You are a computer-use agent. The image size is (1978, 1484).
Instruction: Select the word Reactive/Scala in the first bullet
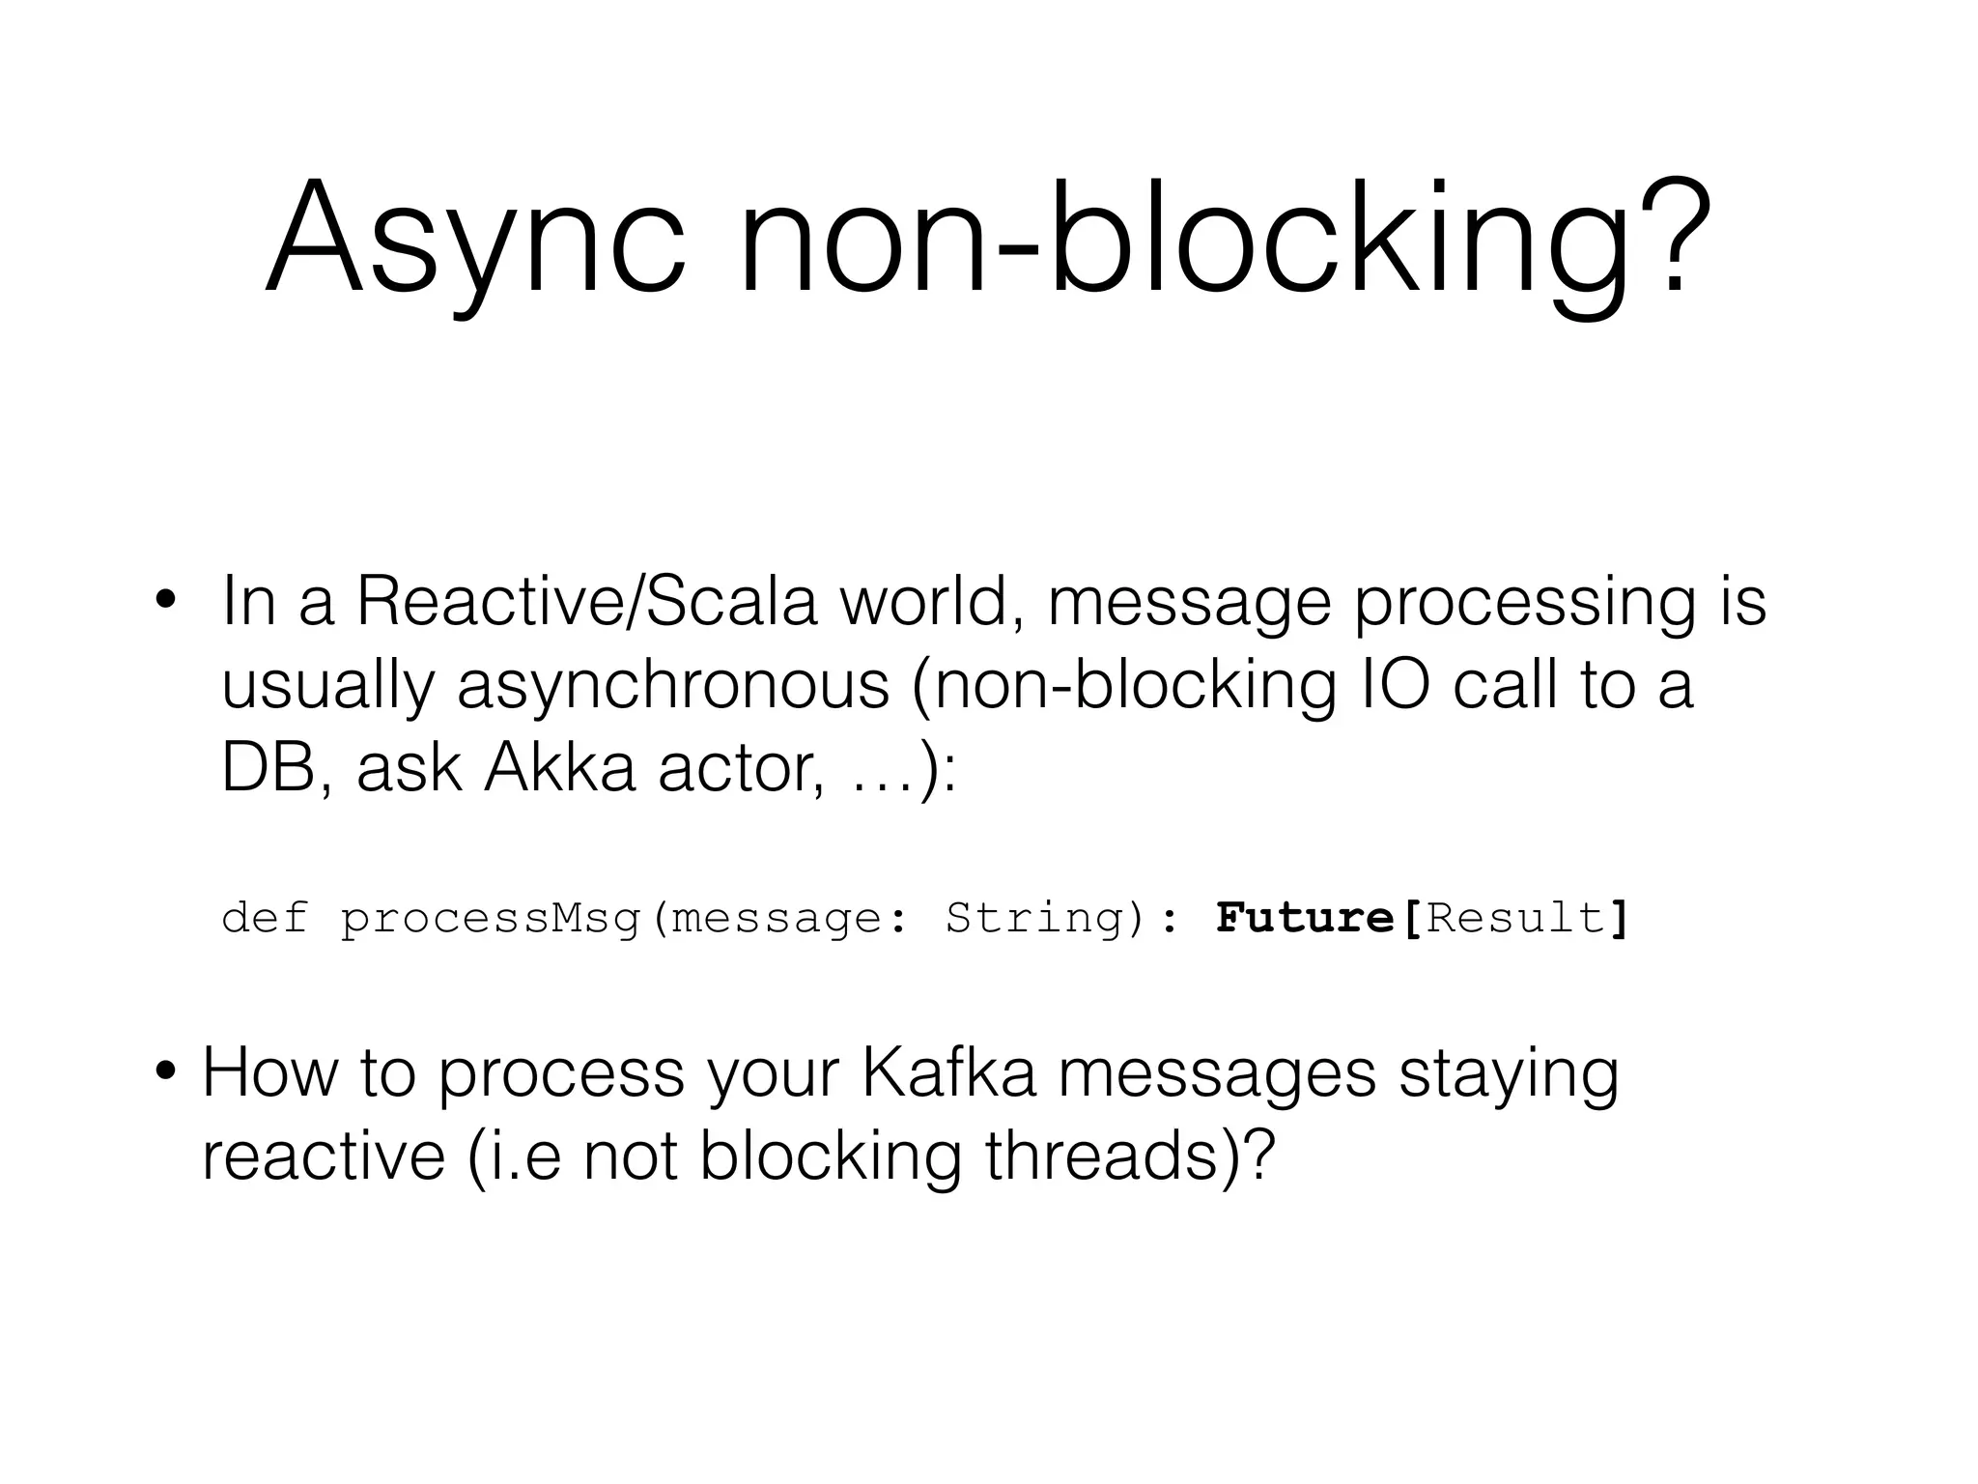tap(586, 601)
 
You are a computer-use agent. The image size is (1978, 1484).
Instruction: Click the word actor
tap(738, 769)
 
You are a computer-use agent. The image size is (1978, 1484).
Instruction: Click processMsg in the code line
tap(490, 918)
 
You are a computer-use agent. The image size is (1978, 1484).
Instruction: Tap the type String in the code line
tap(1034, 918)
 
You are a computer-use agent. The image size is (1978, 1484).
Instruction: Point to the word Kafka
tap(947, 1072)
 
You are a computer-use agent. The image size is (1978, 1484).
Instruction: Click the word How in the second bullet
tap(269, 1072)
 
